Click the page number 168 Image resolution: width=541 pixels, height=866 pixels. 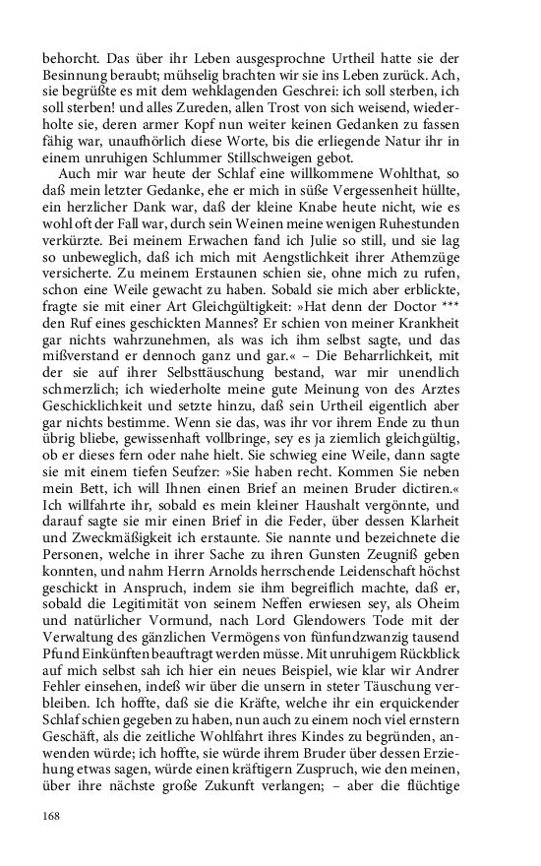click(52, 816)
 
